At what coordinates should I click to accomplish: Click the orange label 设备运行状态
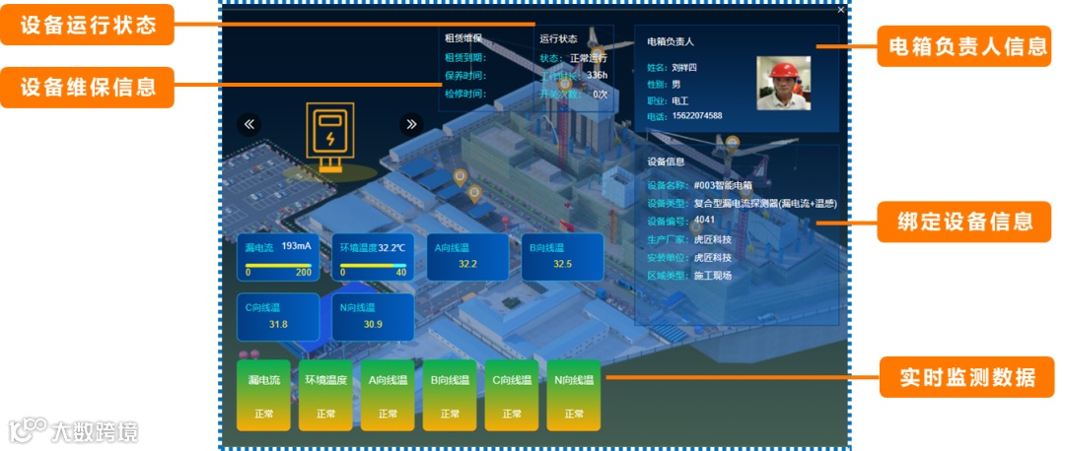coord(88,26)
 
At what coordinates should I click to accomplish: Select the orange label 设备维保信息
coord(88,87)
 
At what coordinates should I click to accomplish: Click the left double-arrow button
coord(249,124)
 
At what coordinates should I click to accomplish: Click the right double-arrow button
coord(411,124)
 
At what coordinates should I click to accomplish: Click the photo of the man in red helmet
coord(790,82)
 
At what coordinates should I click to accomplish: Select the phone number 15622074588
coord(697,116)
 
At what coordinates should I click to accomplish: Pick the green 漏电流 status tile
coord(263,395)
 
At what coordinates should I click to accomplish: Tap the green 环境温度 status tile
coord(325,395)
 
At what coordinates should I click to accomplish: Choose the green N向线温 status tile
coord(574,395)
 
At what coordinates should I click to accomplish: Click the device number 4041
coord(704,220)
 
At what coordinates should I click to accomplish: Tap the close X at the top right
coord(841,10)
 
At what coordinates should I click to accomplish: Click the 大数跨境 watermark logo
coord(74,430)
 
